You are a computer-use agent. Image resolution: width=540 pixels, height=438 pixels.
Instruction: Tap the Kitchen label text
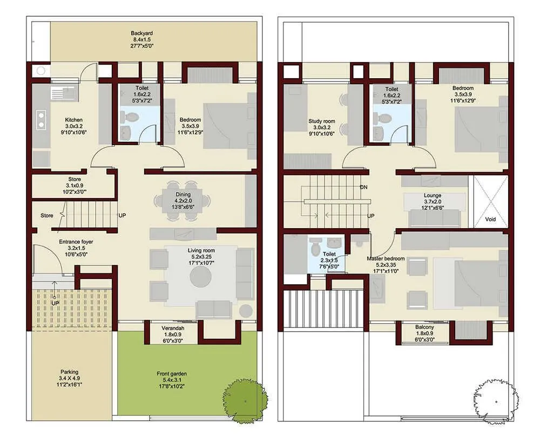[x=74, y=120]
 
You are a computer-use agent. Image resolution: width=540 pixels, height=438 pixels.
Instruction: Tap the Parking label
[x=69, y=372]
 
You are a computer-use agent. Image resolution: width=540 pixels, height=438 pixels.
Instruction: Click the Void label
[x=490, y=220]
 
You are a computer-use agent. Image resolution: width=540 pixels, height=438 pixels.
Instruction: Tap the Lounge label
[x=433, y=195]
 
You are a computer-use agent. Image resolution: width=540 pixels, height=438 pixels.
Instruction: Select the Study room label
[x=322, y=121]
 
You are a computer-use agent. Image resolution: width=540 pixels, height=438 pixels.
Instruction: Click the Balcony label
[x=425, y=327]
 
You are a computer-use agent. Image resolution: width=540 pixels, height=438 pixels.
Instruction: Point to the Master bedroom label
[x=386, y=258]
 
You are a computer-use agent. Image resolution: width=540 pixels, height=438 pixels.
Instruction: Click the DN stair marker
[x=364, y=187]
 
